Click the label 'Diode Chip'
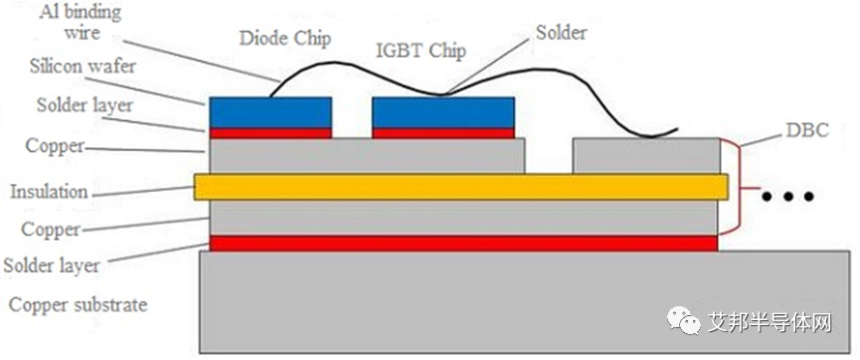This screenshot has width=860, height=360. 284,40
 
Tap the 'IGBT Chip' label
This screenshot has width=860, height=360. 421,51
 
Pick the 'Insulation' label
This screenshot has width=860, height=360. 49,192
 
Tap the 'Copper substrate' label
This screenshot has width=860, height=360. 79,304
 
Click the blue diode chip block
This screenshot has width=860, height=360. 270,111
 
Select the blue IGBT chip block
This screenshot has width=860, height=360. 442,111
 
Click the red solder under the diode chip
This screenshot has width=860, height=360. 270,132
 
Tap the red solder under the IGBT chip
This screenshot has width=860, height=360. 442,132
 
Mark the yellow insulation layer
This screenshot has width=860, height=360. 460,186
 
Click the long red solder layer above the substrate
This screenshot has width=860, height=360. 463,243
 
